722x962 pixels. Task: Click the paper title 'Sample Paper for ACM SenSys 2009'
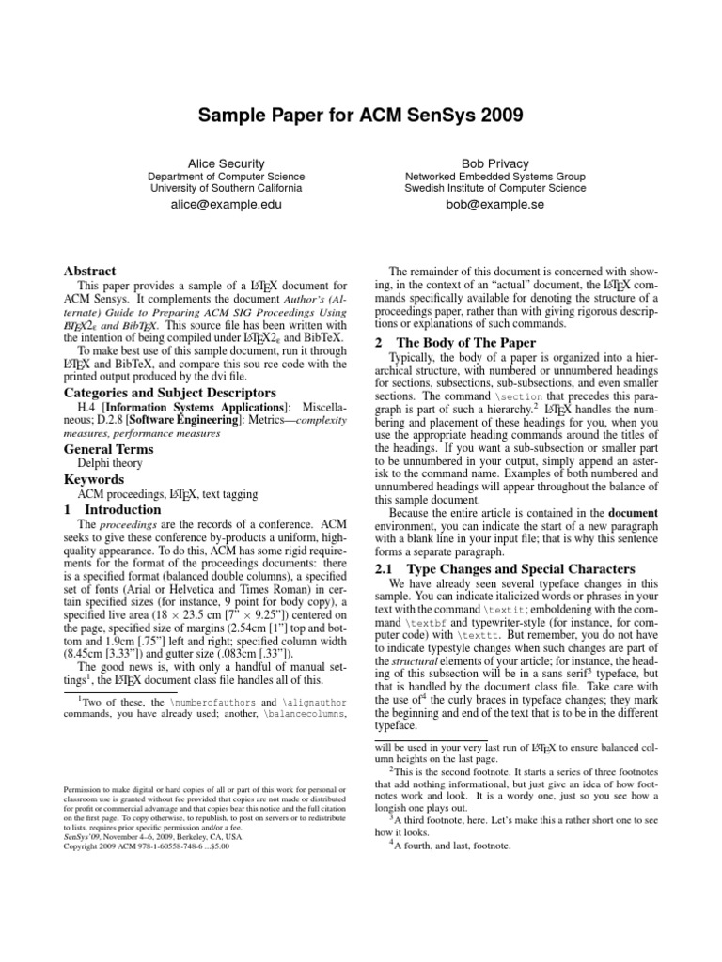click(361, 116)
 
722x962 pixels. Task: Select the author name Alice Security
click(227, 163)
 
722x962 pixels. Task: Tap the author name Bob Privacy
click(494, 163)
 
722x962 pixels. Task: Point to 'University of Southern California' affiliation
click(227, 188)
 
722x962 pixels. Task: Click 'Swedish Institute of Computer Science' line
click(494, 188)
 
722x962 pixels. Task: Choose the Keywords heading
click(93, 479)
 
